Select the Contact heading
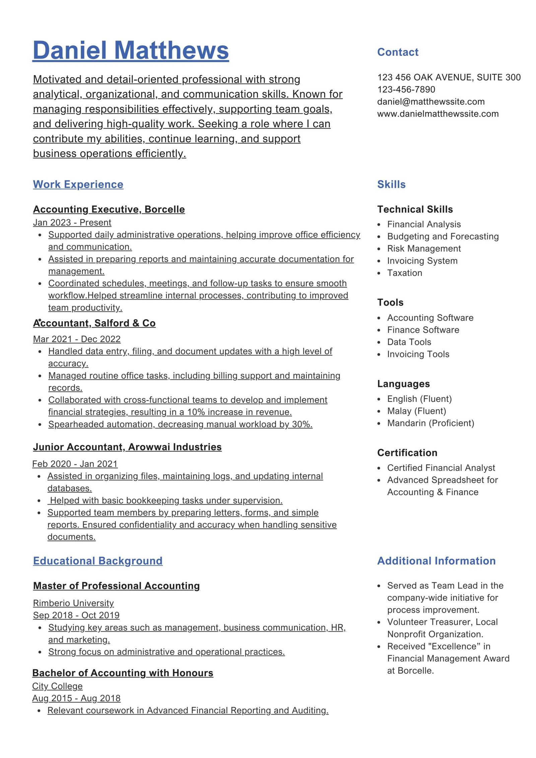[398, 52]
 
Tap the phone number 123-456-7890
[406, 89]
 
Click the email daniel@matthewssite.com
[431, 101]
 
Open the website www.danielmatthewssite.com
[438, 114]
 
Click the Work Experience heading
[78, 184]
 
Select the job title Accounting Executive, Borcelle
[109, 209]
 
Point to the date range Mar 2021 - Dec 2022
[77, 339]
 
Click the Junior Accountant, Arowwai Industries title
[127, 447]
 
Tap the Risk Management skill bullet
[424, 249]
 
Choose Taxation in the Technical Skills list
[405, 273]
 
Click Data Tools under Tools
[409, 342]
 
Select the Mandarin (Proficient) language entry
[430, 423]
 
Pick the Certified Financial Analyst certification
[441, 468]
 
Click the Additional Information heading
[436, 561]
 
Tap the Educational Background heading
[98, 561]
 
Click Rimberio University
[73, 603]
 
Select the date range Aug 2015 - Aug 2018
[76, 698]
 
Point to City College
[57, 686]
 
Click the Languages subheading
[403, 384]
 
